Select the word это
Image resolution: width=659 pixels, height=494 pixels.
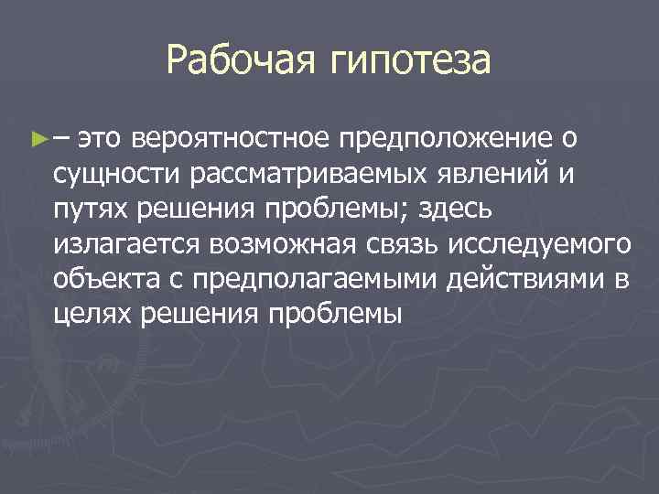tap(100, 140)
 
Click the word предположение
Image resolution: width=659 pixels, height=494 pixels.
tap(443, 140)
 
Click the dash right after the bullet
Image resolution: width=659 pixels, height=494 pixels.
tap(59, 140)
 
